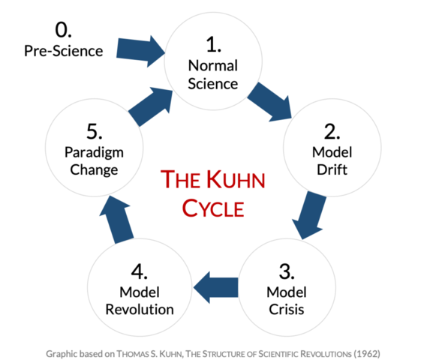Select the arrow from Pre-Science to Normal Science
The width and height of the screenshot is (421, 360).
tap(141, 49)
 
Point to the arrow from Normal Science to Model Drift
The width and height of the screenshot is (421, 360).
tap(270, 100)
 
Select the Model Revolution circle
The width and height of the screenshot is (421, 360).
tap(140, 287)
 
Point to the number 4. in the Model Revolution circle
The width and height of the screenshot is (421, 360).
tap(140, 270)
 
